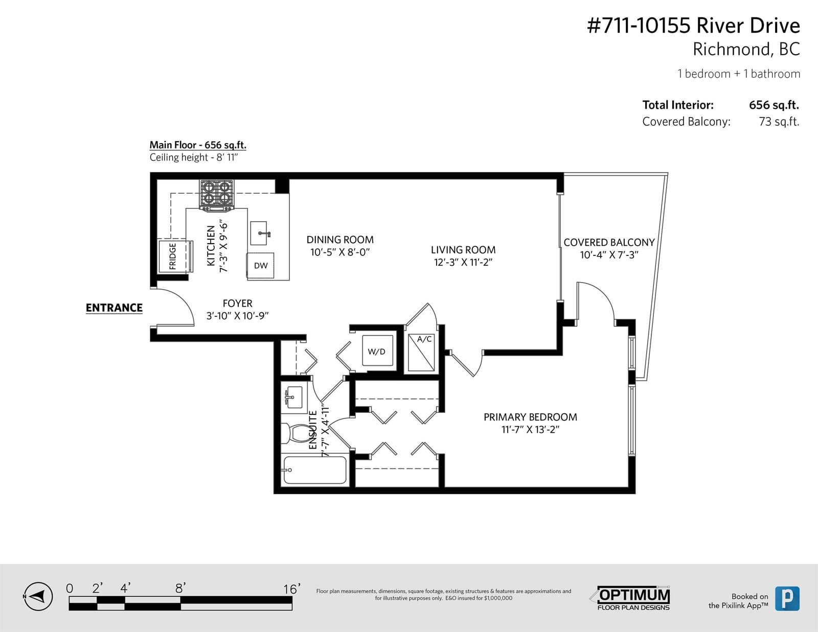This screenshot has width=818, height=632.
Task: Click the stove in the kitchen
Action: (x=216, y=195)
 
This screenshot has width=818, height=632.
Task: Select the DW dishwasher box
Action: (x=261, y=266)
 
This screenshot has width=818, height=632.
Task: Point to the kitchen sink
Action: (x=259, y=233)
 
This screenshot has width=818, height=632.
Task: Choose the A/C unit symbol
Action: (x=421, y=352)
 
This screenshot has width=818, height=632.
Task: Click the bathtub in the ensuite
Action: (x=315, y=470)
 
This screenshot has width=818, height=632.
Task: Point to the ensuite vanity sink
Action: (x=294, y=397)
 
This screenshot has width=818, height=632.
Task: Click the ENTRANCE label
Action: (x=114, y=308)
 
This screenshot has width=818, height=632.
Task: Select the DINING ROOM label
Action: (x=340, y=240)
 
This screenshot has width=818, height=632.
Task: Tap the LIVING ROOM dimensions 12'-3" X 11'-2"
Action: (x=463, y=262)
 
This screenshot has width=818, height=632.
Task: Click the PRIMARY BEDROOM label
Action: (x=530, y=417)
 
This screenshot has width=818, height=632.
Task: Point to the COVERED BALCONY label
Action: (x=609, y=243)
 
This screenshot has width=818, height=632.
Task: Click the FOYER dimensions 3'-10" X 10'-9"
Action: (x=237, y=316)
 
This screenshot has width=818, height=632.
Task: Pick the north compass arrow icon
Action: (x=38, y=596)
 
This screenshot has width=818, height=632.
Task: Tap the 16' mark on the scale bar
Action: (x=292, y=589)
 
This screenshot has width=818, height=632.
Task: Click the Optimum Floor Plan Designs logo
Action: (x=629, y=598)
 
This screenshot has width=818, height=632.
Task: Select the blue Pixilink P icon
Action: (x=787, y=598)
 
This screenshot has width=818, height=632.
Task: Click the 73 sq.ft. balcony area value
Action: (x=779, y=122)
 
